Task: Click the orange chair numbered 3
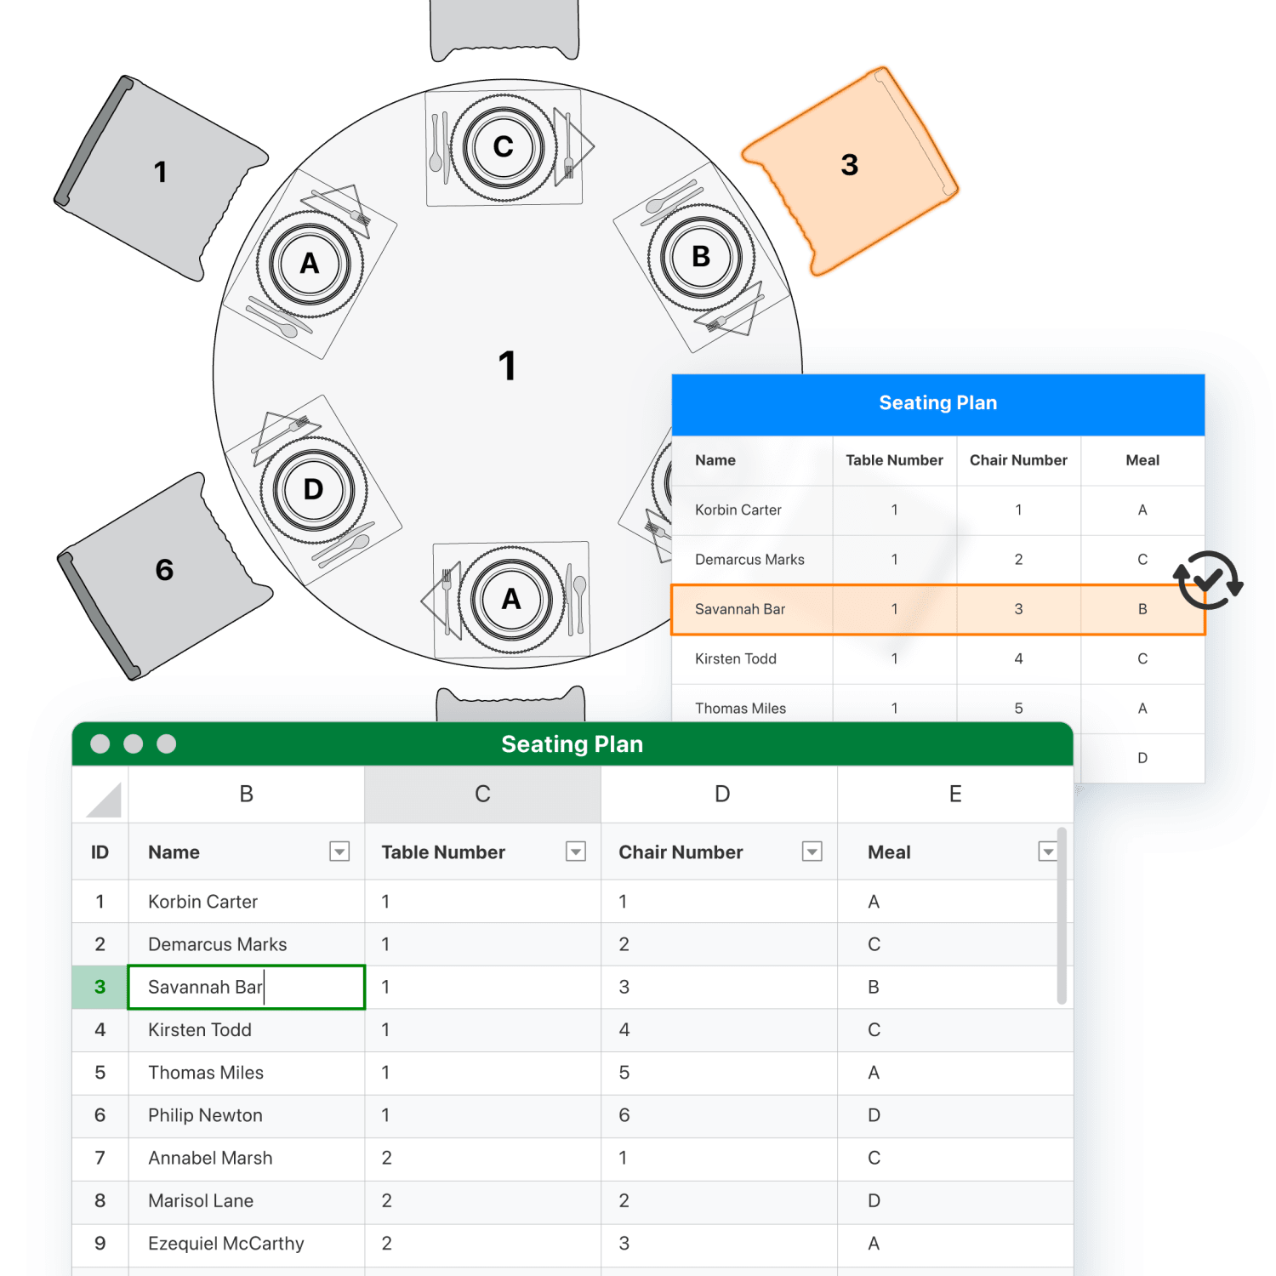pos(850,170)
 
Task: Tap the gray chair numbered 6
pos(163,574)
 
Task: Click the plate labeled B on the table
pos(701,257)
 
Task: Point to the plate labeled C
pos(504,147)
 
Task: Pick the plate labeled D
pos(313,489)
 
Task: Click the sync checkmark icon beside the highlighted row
pos(1208,580)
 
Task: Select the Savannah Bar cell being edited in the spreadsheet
pos(246,987)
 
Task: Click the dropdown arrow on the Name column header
pos(339,852)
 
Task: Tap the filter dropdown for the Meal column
pos(1048,852)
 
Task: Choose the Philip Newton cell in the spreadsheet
pos(246,1115)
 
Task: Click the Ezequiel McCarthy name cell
pos(246,1244)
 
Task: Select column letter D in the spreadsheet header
pos(721,794)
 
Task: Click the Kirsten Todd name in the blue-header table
pos(736,658)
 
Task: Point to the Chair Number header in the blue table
pos(1018,460)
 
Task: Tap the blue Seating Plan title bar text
pos(937,403)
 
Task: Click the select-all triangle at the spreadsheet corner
pos(105,800)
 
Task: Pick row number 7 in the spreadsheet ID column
pos(100,1158)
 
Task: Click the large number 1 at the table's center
pos(507,366)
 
